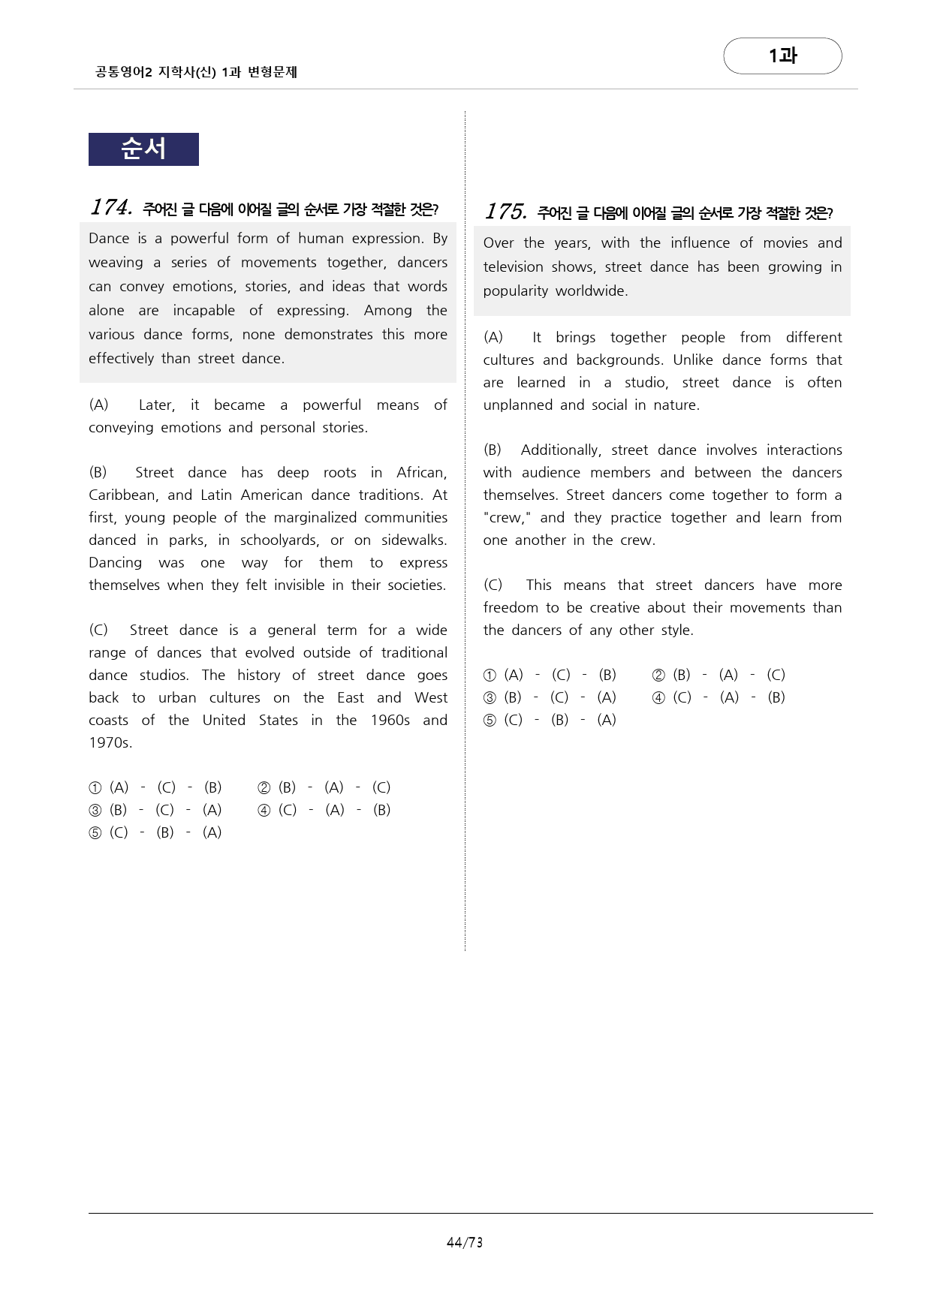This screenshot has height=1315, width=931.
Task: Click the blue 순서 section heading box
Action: coord(143,149)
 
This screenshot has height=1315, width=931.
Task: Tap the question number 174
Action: coord(111,207)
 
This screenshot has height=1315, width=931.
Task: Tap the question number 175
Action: coord(505,212)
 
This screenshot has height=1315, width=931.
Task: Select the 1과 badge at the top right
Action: coord(782,56)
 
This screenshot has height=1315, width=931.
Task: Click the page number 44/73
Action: coord(465,1242)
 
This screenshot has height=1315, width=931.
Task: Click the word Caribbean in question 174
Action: coord(122,495)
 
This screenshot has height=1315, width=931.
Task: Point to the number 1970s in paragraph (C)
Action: coord(110,743)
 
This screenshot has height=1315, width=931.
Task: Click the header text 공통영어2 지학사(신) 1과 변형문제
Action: coord(197,72)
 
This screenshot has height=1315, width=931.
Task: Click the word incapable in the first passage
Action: coord(204,311)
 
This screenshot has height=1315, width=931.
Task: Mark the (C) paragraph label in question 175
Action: coord(493,585)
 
